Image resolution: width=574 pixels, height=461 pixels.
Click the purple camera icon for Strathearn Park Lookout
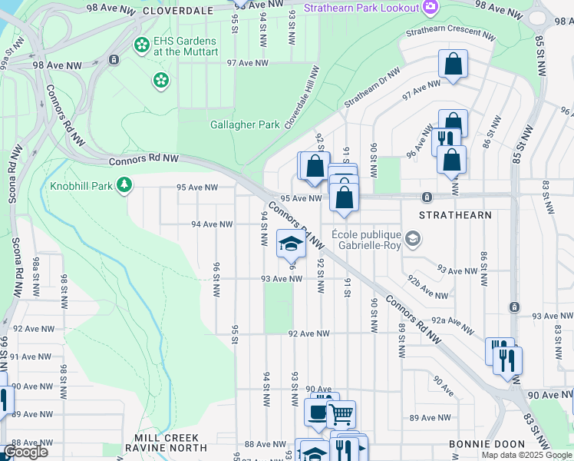tap(430, 7)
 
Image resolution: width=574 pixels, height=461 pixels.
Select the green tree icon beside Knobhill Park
tap(124, 185)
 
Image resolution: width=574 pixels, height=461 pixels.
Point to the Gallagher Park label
tap(245, 124)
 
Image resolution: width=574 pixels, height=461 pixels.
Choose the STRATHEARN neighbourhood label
tap(456, 215)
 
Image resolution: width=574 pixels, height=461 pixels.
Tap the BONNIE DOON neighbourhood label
tap(487, 444)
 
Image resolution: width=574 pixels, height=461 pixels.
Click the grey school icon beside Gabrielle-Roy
tap(413, 239)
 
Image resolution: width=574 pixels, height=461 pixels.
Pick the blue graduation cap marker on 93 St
tap(291, 244)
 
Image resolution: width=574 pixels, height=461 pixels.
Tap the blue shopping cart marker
tap(341, 413)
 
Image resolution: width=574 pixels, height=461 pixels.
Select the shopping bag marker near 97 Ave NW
tap(453, 64)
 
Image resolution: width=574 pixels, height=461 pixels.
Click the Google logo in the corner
tap(26, 451)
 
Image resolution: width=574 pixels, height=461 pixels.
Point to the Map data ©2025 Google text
tap(526, 455)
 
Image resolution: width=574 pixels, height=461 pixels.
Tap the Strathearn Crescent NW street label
tap(450, 32)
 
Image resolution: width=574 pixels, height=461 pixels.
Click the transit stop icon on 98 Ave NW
tap(114, 59)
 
